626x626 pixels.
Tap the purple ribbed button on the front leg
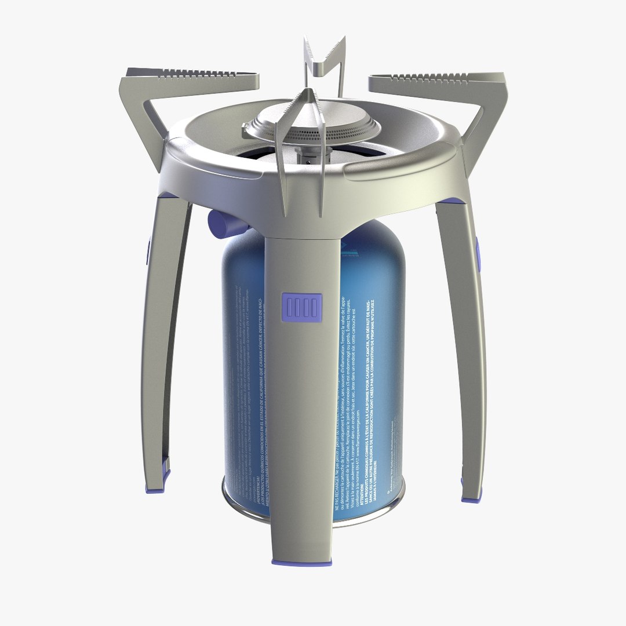[301, 307]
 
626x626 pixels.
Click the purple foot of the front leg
[301, 562]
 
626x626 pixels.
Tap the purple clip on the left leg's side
[148, 249]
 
